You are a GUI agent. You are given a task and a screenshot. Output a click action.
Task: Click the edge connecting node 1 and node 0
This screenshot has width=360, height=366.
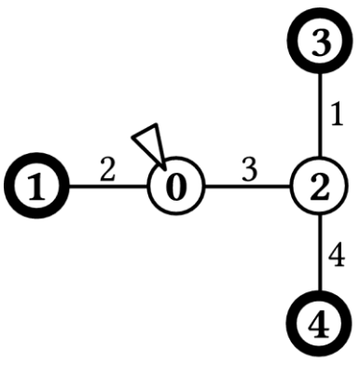(x=109, y=187)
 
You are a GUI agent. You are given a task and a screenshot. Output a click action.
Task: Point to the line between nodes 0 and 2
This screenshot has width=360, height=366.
(x=247, y=187)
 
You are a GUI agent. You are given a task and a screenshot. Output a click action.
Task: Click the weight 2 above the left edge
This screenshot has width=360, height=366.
(x=107, y=171)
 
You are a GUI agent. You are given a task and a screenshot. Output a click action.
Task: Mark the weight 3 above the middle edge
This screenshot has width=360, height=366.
(x=250, y=171)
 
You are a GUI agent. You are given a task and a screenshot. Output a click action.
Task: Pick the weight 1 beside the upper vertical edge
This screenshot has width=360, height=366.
(x=337, y=116)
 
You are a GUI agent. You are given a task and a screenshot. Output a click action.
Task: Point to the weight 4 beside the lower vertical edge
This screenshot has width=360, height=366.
(x=337, y=257)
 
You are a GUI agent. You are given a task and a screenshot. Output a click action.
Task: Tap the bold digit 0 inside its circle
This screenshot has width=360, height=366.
(x=175, y=187)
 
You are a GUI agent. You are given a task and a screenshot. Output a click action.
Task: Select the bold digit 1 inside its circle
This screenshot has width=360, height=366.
(x=36, y=187)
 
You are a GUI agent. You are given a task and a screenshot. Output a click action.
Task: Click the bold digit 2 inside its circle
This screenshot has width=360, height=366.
(x=320, y=187)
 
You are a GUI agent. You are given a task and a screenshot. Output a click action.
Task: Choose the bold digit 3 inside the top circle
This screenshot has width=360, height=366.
(x=321, y=42)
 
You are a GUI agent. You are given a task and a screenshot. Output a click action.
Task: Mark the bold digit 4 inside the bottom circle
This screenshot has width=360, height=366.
(x=319, y=325)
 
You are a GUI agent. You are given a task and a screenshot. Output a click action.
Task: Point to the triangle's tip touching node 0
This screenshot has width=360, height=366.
(x=164, y=170)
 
